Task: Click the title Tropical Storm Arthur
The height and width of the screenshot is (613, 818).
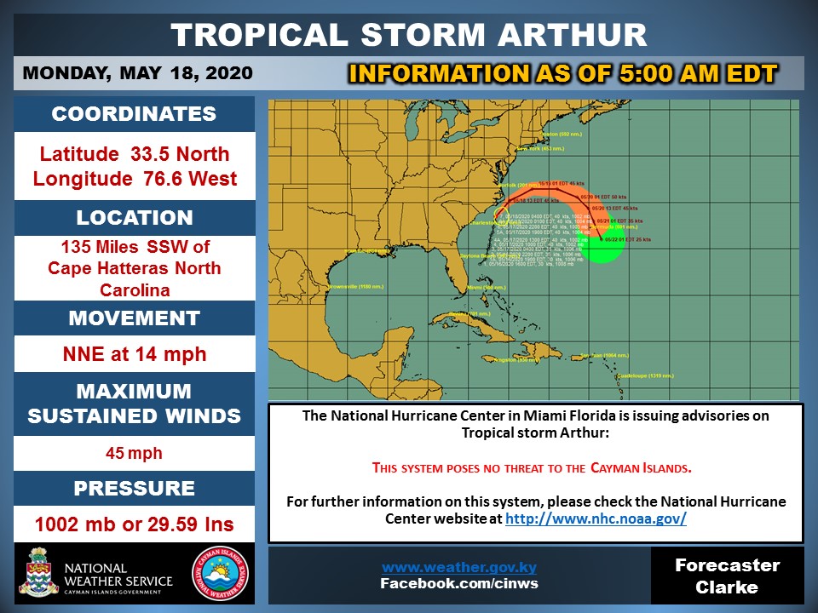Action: tap(408, 35)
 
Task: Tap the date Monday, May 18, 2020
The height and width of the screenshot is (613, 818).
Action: tap(137, 73)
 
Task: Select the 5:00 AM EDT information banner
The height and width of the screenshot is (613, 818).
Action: tap(563, 74)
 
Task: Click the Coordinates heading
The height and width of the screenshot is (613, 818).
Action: tap(134, 115)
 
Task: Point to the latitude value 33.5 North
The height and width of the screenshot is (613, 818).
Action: tap(134, 154)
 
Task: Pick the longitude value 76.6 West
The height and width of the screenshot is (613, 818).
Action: tap(134, 180)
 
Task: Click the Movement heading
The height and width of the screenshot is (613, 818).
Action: tap(134, 318)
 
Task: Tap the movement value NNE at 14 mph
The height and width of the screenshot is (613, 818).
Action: tap(134, 353)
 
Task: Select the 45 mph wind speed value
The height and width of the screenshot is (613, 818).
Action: tap(134, 453)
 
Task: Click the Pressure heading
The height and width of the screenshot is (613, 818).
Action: tap(134, 489)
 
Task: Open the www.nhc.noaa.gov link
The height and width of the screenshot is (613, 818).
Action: tap(596, 518)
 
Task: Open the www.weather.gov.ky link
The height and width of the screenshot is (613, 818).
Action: tap(458, 567)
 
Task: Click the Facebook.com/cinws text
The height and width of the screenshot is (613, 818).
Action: tap(458, 583)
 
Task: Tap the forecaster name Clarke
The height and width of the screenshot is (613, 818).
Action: tap(727, 587)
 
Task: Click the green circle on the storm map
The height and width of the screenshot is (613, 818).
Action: tap(602, 248)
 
